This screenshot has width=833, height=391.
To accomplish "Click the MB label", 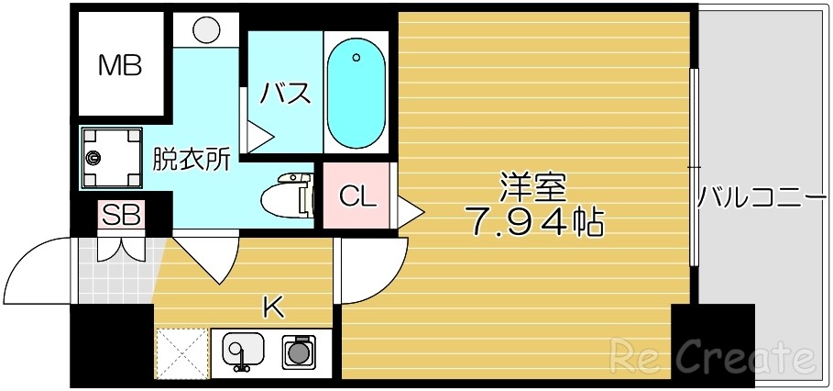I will [x=121, y=65].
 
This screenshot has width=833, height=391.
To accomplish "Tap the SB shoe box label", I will [x=122, y=217].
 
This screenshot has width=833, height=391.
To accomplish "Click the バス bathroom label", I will [x=285, y=94].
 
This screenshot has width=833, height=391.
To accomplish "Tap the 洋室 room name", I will [x=532, y=188].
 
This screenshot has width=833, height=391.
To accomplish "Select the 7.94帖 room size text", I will [x=535, y=221].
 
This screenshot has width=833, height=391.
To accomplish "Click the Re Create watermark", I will [x=712, y=354].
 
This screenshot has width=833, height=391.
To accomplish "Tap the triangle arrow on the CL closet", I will [x=409, y=212].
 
